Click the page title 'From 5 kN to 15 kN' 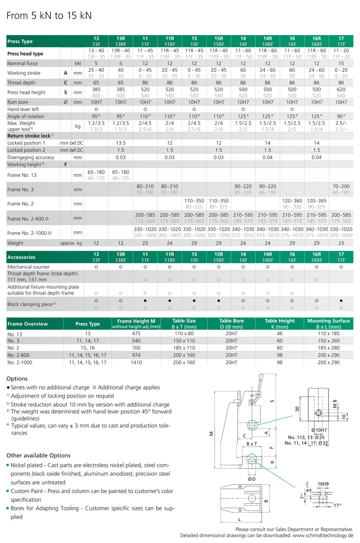49,16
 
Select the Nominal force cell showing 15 341,63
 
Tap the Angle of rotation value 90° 341,116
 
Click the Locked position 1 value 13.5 121,143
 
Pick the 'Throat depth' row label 21,83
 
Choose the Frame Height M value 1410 137,362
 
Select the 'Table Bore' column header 231,321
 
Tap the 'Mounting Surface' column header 328,321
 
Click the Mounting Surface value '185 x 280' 328,348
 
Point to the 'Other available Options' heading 39,456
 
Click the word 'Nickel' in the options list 19,465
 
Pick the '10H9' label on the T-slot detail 323,484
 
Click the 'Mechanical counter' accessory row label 29,267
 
